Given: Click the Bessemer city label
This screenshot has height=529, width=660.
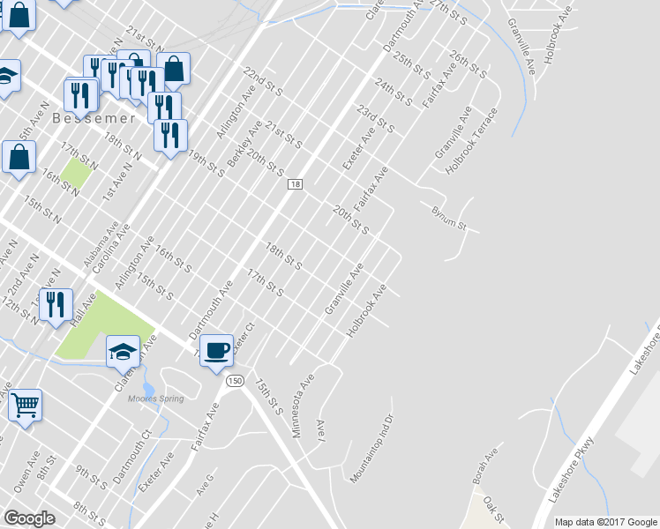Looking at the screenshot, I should coord(93,117).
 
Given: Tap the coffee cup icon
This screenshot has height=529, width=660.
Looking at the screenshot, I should coord(216,351).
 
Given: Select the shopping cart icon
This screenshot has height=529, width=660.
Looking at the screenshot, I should coord(26,406).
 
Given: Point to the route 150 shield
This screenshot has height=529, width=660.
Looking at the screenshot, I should coord(234,380).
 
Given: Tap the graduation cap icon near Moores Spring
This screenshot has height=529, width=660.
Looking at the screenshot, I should coord(123,352).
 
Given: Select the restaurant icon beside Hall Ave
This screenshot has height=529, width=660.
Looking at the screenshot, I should coord(56,304).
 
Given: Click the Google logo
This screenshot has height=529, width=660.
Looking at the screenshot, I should coord(29,518).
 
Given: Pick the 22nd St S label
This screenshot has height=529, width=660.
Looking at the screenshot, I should coord(263,79).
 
